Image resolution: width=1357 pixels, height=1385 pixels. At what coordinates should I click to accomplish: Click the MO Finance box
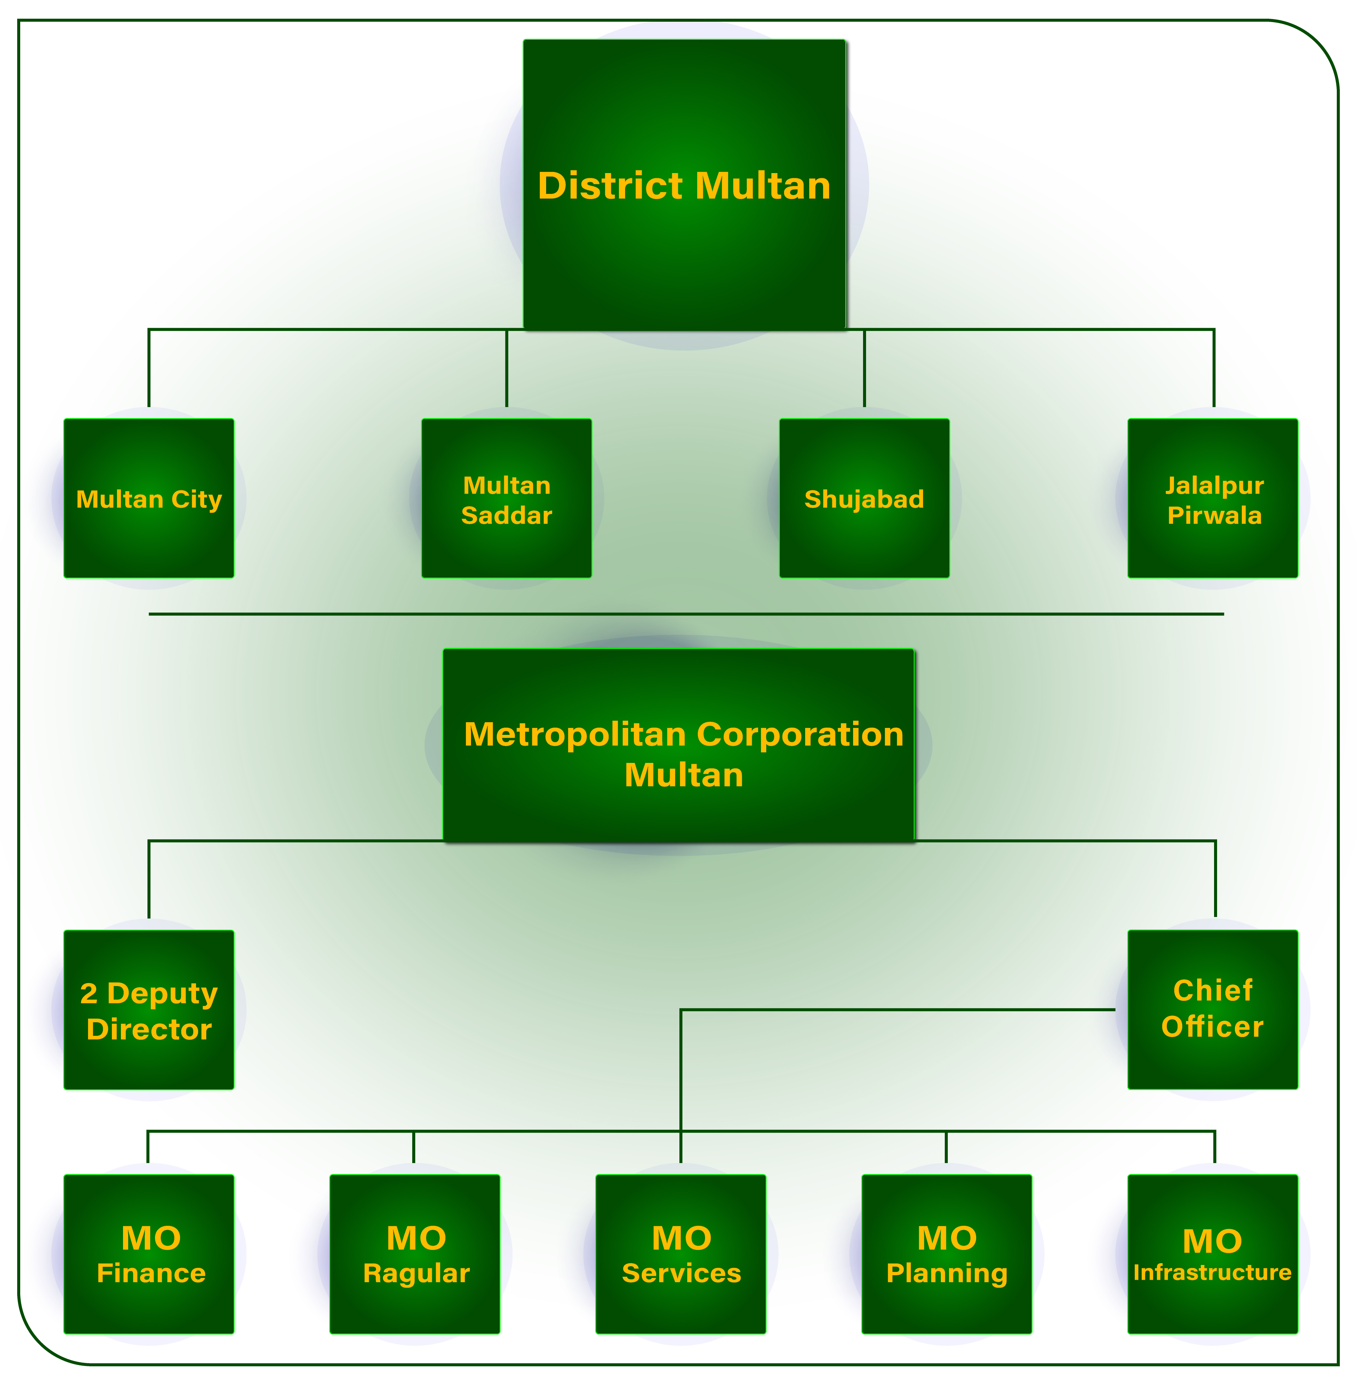[x=149, y=1312]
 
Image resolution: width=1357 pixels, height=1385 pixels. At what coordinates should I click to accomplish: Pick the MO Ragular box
[x=415, y=1312]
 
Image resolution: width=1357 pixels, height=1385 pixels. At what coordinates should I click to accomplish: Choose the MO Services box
[x=681, y=1312]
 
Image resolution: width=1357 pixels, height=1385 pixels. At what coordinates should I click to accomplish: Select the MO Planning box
[x=947, y=1312]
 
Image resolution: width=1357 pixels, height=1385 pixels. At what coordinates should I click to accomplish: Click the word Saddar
[x=507, y=515]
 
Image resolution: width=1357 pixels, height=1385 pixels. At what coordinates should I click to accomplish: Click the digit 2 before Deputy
[x=88, y=993]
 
